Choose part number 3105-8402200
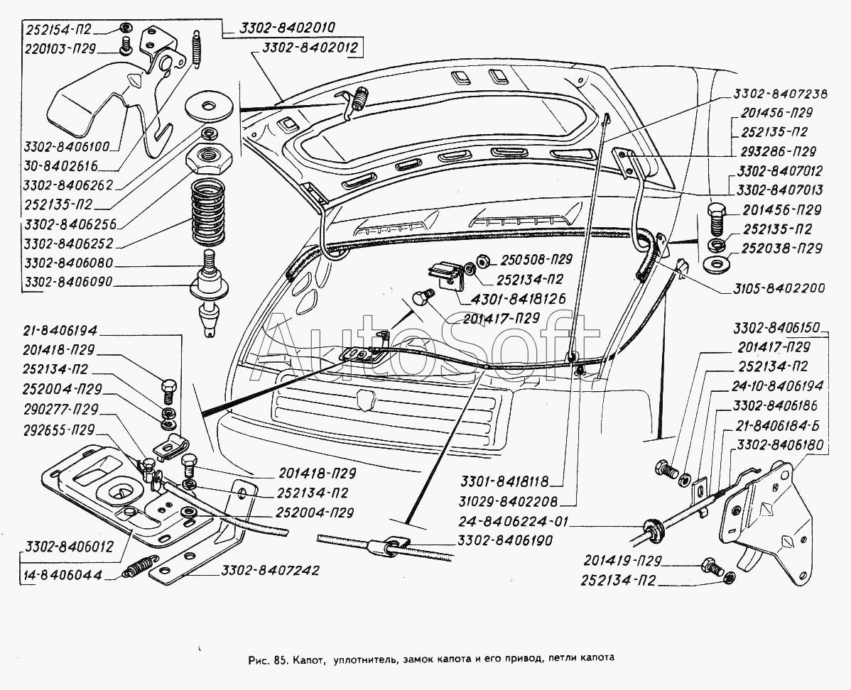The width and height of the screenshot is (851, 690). [x=771, y=289]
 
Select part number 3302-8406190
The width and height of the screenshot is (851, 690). [x=506, y=541]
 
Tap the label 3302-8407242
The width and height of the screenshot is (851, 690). [x=270, y=570]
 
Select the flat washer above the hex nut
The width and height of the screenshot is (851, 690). [x=207, y=108]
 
